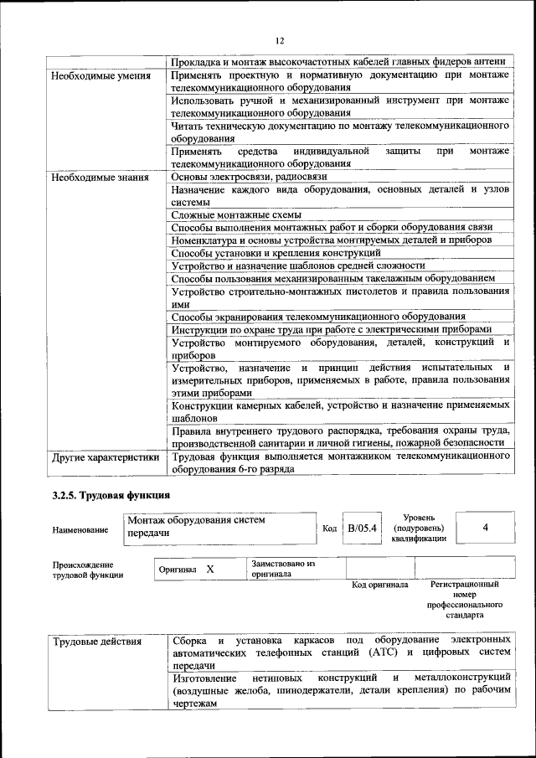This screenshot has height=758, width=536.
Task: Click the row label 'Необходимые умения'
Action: point(100,76)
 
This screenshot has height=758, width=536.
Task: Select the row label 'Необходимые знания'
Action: point(100,178)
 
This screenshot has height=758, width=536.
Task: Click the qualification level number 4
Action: point(486,528)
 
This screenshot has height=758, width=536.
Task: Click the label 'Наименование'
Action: point(80,529)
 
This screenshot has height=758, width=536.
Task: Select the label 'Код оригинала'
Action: point(379,585)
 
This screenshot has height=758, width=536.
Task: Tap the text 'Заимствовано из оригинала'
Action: point(282,570)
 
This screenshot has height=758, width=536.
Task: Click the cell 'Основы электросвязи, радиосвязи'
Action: point(249,177)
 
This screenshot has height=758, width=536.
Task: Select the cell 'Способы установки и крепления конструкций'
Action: point(276,253)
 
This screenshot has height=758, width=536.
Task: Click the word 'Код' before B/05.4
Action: point(329,529)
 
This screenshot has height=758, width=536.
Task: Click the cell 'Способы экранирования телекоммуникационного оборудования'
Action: point(318,317)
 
